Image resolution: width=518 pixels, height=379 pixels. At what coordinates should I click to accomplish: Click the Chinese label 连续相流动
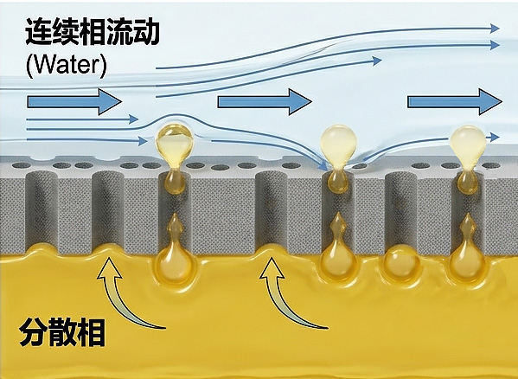pos(93,31)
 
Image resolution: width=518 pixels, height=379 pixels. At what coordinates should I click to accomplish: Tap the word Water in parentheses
pos(67,66)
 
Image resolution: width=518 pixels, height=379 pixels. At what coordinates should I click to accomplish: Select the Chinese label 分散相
pos(61,332)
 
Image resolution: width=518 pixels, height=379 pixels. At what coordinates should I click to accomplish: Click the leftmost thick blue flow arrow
pos(74,102)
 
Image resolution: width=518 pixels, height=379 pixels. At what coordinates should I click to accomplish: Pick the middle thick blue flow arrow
pos(265,102)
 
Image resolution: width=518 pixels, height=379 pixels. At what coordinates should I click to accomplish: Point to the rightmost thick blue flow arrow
pos(455,102)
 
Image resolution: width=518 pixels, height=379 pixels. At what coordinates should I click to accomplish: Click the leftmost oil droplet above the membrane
pos(175,145)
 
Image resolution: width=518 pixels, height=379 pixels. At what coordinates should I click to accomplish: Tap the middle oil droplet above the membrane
pos(338,145)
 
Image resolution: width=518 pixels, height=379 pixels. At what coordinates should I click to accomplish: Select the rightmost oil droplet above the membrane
pos(469,145)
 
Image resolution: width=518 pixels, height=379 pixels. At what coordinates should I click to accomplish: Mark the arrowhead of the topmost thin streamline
pos(495,29)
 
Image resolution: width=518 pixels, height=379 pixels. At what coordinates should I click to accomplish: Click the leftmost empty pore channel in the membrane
pos(42,211)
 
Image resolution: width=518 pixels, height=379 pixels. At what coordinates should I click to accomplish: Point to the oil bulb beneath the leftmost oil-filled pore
pos(174,266)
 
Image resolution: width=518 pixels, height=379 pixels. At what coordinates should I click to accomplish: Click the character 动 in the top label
pos(146,32)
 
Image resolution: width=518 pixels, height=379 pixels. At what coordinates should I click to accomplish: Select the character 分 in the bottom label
pos(33,332)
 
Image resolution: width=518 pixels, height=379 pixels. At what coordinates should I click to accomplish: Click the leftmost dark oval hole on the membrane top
pos(22,165)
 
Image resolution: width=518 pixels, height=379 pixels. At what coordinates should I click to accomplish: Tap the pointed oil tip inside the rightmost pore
pos(469,224)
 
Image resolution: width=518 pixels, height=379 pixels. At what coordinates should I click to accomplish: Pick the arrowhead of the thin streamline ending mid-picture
pos(377,61)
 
